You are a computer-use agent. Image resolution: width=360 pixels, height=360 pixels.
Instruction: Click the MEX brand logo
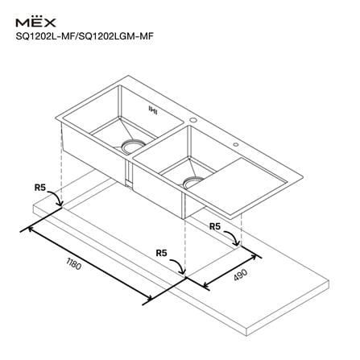[35, 22]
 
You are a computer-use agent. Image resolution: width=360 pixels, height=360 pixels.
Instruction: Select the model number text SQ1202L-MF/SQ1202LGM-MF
[85, 36]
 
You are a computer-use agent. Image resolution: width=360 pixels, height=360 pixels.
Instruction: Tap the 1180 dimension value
[73, 264]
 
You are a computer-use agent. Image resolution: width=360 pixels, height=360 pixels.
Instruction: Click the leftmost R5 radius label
[40, 188]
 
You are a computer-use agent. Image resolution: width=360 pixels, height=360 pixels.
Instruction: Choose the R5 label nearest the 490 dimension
[215, 226]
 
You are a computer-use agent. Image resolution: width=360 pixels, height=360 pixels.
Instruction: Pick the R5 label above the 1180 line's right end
[162, 253]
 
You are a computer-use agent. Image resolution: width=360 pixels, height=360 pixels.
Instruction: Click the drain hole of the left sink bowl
[133, 147]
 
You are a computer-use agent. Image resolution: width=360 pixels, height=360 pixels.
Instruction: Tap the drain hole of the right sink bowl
[194, 182]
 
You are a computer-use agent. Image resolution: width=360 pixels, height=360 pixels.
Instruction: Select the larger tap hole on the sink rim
[193, 120]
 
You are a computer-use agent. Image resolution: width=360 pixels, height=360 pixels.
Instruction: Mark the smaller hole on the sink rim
[236, 145]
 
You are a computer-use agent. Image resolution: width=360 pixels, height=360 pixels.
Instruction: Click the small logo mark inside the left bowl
[153, 110]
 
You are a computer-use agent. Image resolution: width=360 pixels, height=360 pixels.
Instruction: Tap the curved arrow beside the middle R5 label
[180, 264]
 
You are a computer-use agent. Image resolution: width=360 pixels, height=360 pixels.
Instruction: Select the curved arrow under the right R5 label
[233, 237]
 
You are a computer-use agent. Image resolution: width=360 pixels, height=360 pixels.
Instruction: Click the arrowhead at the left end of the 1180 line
[30, 229]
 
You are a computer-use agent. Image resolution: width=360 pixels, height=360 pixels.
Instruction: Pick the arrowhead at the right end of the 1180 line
[149, 297]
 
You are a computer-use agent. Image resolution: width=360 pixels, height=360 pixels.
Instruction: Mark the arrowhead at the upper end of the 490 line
[253, 257]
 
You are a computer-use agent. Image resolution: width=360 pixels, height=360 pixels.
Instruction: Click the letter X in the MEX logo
[49, 23]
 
